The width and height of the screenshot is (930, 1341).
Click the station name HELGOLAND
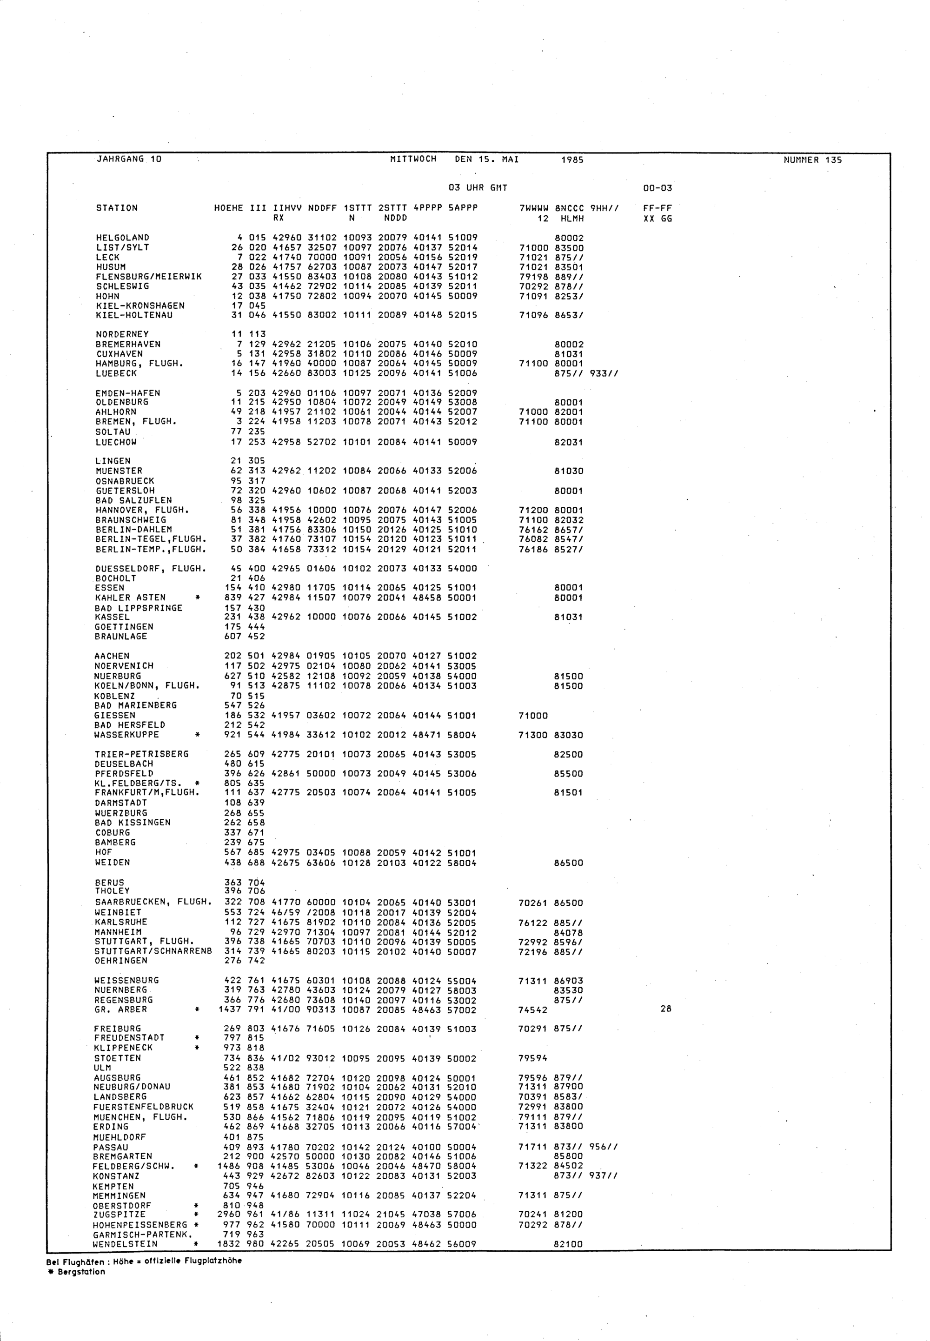[122, 238]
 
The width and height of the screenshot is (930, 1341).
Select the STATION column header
[117, 208]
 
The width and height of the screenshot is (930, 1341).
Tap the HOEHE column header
[228, 208]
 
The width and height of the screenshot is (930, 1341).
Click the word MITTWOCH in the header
[412, 159]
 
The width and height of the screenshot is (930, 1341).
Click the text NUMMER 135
[812, 159]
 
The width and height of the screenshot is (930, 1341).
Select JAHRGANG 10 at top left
[128, 159]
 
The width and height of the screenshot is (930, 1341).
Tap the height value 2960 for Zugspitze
[229, 1215]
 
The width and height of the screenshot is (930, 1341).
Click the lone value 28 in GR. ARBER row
[665, 1009]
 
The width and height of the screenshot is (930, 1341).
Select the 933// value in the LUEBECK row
[604, 373]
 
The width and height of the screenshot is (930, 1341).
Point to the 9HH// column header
[604, 208]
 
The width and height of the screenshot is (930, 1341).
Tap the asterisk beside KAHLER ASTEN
[199, 597]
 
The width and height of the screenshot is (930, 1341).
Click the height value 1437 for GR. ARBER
[229, 1009]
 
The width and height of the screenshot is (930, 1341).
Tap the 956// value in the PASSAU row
[604, 1147]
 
